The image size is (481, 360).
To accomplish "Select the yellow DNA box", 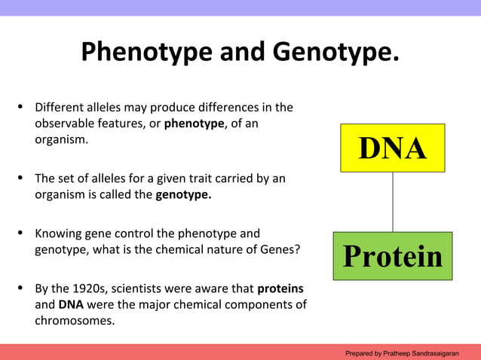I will click(391, 148).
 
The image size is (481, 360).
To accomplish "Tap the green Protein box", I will click(392, 256).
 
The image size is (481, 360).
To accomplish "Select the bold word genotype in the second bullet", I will click(183, 195).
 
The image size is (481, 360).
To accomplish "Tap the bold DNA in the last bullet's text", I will click(71, 304).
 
